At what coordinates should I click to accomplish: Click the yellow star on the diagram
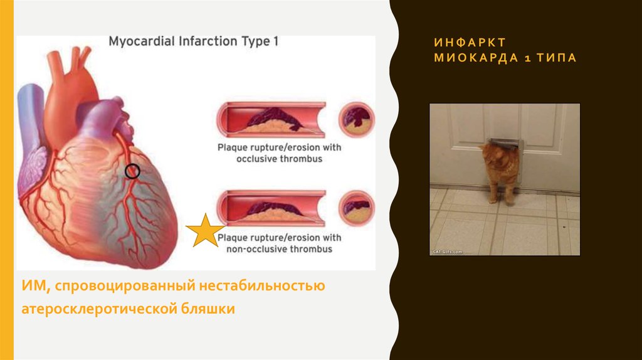(x=205, y=231)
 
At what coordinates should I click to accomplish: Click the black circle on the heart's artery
(x=132, y=171)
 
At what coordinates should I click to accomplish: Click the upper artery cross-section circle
(x=357, y=120)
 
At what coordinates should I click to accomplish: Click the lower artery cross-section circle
(x=357, y=208)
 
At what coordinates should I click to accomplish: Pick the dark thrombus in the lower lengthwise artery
(x=271, y=207)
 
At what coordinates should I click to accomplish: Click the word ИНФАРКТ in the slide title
(x=470, y=42)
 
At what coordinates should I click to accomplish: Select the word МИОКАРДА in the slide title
(x=476, y=58)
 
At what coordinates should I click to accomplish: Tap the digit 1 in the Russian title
(x=528, y=58)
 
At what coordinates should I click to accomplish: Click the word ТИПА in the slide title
(x=557, y=58)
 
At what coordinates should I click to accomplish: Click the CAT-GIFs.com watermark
(x=448, y=252)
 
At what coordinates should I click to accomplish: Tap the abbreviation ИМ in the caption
(x=36, y=285)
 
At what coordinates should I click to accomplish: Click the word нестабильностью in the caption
(x=262, y=285)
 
